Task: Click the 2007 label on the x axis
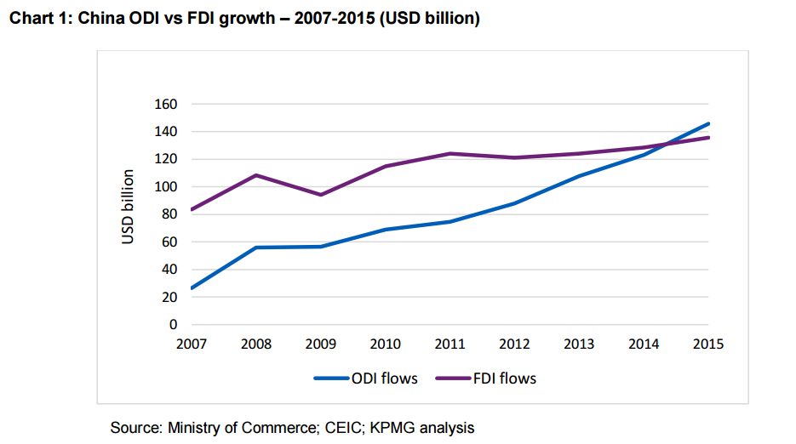point(192,344)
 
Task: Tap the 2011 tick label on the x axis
point(450,344)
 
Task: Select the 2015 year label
point(708,344)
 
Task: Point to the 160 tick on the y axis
point(165,105)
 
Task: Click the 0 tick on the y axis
point(173,325)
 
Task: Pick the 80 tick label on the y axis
point(169,214)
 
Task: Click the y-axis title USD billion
point(128,207)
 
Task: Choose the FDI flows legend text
point(505,379)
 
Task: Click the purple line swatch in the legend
point(453,379)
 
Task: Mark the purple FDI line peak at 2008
point(256,175)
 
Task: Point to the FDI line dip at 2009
point(321,195)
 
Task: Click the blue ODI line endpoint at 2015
point(708,123)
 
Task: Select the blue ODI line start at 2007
point(192,288)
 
